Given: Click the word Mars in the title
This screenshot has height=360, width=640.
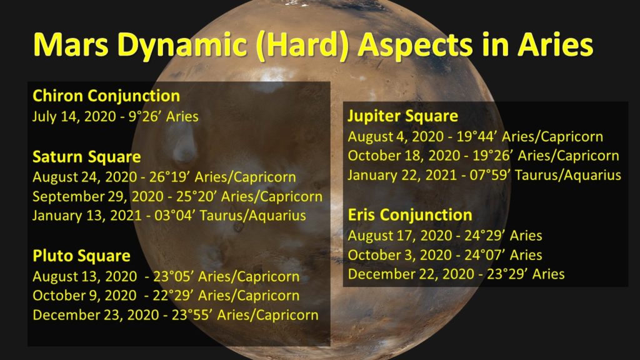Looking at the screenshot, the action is (x=71, y=44).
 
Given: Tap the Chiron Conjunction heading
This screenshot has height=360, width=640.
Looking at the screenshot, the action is (x=106, y=96).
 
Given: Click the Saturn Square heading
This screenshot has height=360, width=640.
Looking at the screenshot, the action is (x=86, y=157).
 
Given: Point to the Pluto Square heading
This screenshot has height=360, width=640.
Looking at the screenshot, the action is (x=82, y=256).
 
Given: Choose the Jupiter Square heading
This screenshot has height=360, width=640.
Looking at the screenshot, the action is (x=403, y=116).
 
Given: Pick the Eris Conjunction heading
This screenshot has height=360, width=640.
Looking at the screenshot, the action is (x=410, y=215).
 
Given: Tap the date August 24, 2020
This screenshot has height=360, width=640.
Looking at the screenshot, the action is (x=85, y=177).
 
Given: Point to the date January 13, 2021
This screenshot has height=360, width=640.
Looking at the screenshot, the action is (x=87, y=216).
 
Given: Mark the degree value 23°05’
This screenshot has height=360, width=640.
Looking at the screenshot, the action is (x=174, y=276).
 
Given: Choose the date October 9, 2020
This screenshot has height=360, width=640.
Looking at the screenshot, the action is (x=84, y=296).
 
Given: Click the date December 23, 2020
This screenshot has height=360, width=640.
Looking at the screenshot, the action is (x=96, y=315).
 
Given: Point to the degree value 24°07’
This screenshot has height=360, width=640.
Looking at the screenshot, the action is (x=484, y=255).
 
